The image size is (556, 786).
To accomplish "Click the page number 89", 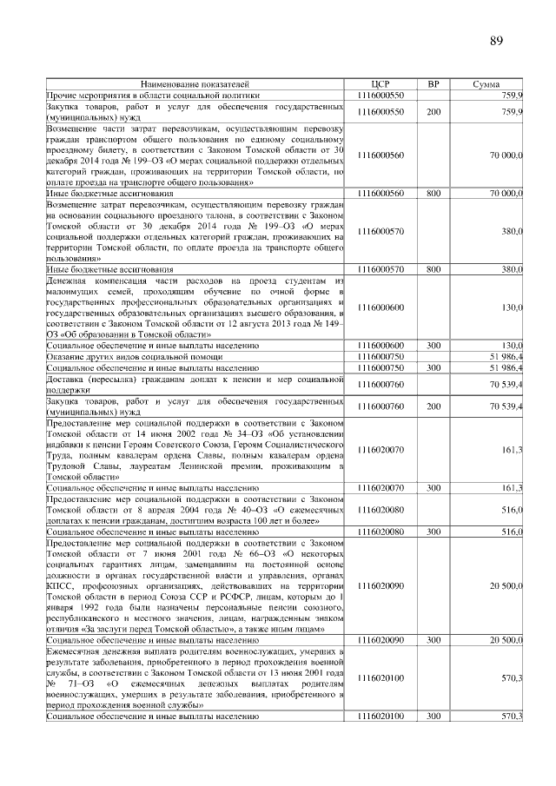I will click(x=496, y=41).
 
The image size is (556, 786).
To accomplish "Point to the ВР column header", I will click(x=434, y=83).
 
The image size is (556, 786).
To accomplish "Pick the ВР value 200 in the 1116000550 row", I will click(x=434, y=112).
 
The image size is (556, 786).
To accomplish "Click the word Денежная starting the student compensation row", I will click(x=69, y=281).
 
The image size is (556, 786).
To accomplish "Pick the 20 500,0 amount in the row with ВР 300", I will click(x=505, y=638).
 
